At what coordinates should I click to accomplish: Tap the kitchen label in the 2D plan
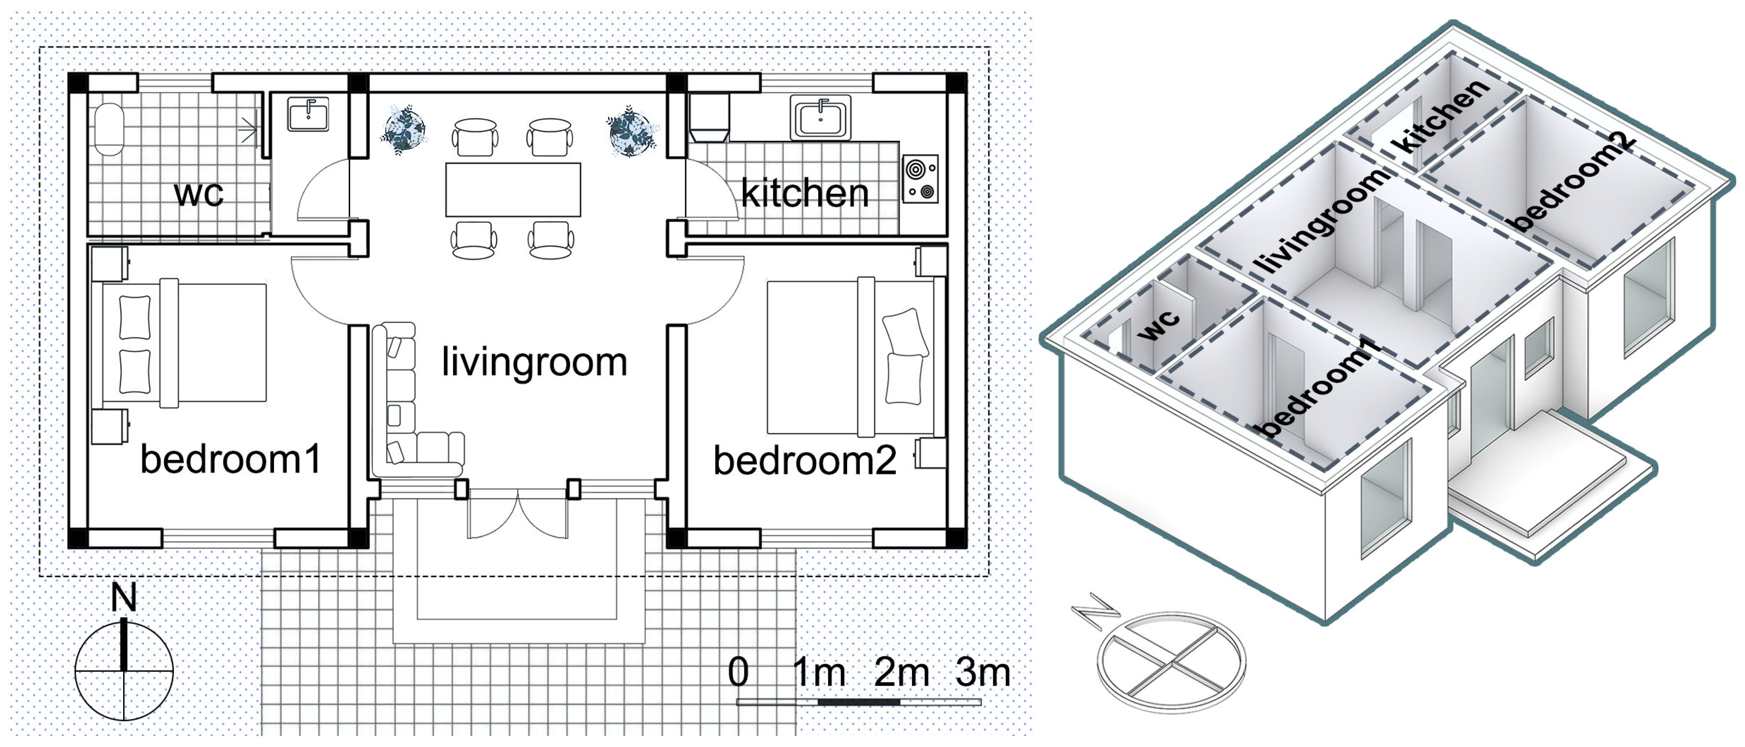point(805,194)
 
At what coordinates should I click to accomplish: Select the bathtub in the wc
point(109,129)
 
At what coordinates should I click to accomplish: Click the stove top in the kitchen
point(920,179)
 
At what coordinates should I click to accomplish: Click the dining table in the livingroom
point(513,190)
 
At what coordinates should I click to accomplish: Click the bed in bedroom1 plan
point(183,343)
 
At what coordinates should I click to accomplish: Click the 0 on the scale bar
point(738,672)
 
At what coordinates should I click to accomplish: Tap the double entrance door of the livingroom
point(517,515)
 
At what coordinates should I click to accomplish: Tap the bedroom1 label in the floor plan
point(230,459)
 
